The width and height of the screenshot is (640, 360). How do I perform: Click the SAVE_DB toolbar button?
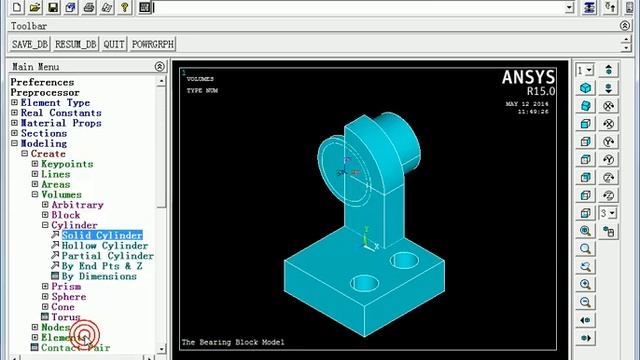tap(30, 45)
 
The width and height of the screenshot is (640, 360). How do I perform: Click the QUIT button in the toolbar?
tap(114, 45)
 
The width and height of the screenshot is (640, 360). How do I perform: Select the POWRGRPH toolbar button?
tap(153, 45)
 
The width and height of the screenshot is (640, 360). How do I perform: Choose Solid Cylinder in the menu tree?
tap(102, 235)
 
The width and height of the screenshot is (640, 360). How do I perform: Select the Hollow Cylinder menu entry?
tap(104, 245)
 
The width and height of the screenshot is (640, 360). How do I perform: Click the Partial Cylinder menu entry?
tap(107, 256)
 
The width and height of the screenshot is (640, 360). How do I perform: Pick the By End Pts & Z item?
tap(101, 266)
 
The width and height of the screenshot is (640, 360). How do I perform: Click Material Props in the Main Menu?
tap(60, 123)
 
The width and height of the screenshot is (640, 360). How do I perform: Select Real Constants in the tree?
tap(61, 113)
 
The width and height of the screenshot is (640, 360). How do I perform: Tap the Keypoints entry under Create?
tap(67, 164)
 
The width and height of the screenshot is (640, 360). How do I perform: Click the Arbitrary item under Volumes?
tap(77, 205)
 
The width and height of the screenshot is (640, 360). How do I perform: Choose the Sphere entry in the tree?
tap(69, 297)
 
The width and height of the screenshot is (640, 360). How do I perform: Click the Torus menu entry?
tap(66, 318)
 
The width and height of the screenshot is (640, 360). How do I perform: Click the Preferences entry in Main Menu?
tap(42, 82)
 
